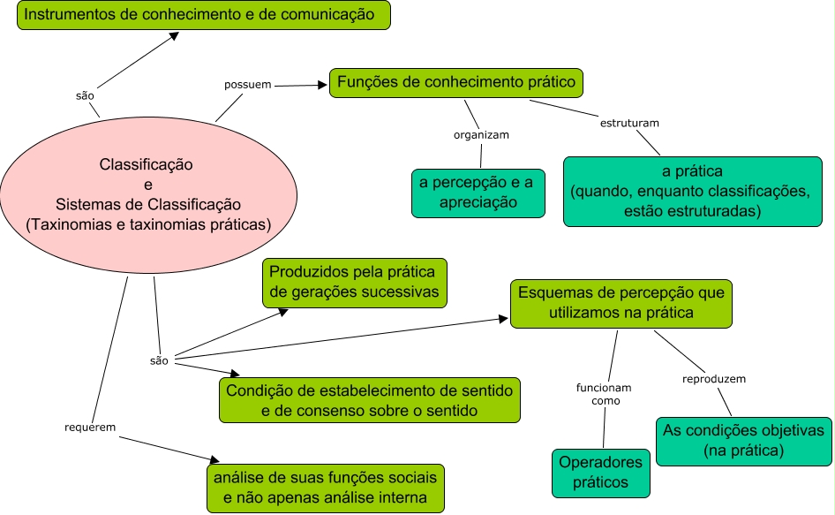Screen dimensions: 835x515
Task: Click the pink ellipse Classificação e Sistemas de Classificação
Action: [148, 194]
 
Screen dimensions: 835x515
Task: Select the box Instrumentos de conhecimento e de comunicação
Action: [204, 15]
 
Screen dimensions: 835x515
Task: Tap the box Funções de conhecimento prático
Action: [456, 83]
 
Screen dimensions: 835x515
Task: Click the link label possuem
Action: [248, 85]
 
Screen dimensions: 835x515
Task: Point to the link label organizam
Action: [481, 135]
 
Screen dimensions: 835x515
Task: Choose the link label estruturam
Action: [629, 123]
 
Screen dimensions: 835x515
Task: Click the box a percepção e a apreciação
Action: [478, 193]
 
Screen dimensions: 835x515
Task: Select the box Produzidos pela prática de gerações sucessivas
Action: [355, 283]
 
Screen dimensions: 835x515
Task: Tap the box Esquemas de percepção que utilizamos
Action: [621, 303]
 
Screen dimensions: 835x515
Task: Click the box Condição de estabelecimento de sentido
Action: [370, 400]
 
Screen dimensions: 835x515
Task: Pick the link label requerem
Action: [90, 428]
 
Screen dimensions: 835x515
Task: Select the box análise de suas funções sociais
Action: [326, 488]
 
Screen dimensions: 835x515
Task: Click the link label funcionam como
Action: [604, 394]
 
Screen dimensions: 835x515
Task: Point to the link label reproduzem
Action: [714, 379]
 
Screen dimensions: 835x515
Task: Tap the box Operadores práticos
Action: [601, 473]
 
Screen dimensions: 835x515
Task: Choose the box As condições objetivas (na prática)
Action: [744, 442]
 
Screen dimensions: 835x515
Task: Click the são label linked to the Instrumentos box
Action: [85, 96]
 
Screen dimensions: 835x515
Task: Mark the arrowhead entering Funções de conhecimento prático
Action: [322, 85]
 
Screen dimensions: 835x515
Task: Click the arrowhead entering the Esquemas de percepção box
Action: [503, 319]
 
